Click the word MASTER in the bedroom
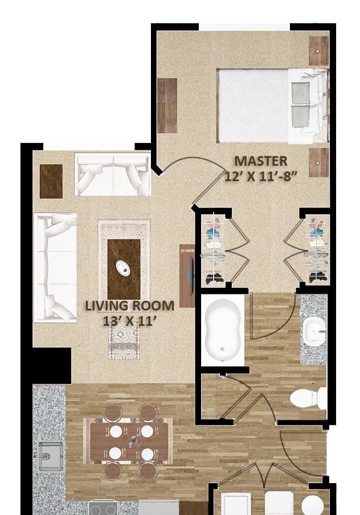coord(261,161)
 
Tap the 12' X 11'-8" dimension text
coord(261,176)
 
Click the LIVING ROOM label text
coord(130,306)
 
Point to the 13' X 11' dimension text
coord(129,321)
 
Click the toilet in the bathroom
coord(308,398)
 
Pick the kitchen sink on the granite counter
coord(51,456)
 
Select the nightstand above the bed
coord(318,51)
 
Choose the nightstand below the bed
coord(318,162)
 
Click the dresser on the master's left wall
coord(167,105)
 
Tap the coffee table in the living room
coord(124,269)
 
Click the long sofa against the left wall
coord(55,267)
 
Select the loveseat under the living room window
coord(113,175)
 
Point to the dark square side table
coord(51,181)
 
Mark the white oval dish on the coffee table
coord(124,267)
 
